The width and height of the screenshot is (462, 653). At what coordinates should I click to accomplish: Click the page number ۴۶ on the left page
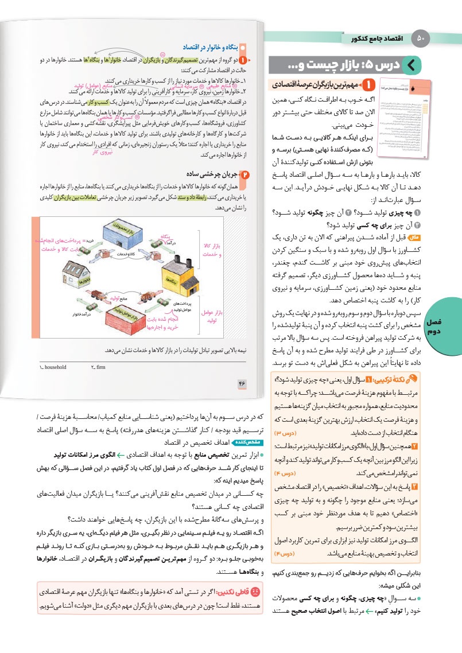point(243,383)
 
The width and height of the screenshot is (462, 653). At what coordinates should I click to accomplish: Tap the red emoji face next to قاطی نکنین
point(255,590)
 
